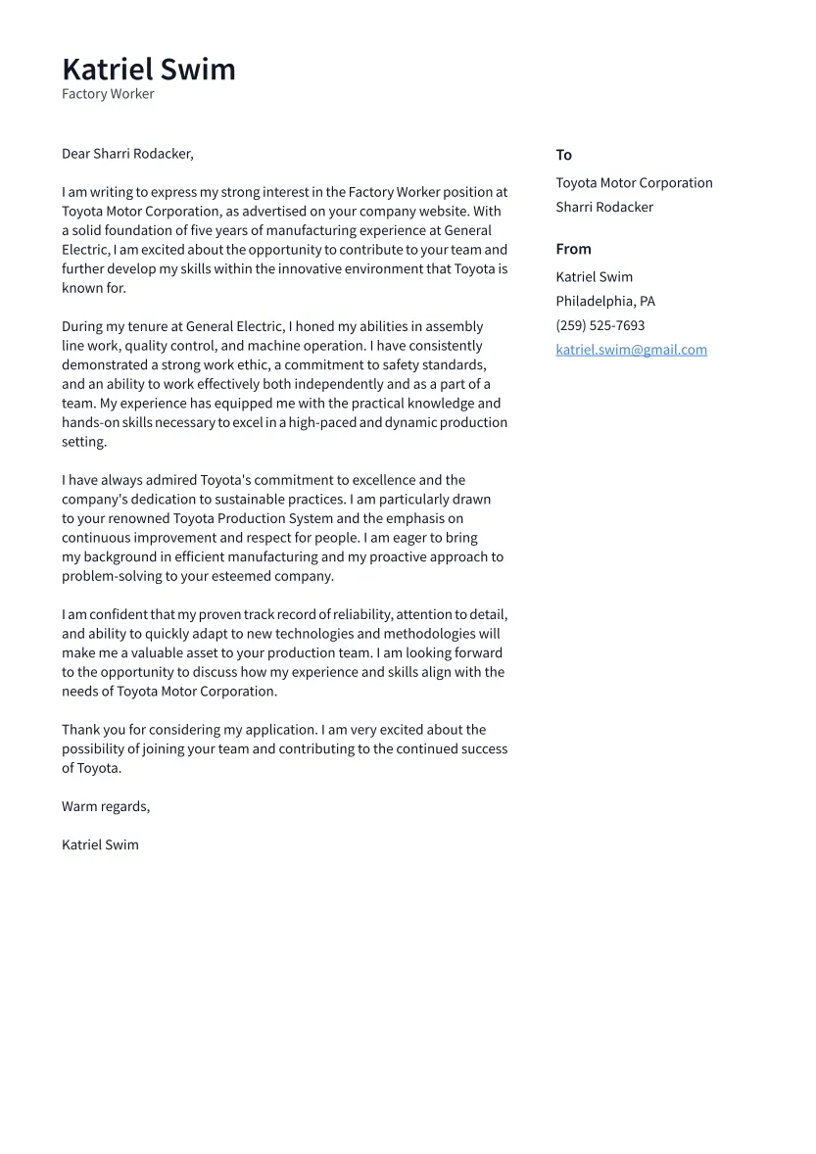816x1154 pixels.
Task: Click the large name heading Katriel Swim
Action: point(149,70)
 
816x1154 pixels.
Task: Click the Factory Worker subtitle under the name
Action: point(108,94)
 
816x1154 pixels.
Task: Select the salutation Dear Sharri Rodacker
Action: point(127,154)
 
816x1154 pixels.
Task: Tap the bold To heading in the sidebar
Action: point(563,155)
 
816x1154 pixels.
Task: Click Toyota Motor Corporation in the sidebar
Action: point(634,183)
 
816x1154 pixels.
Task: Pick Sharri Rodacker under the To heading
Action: point(604,207)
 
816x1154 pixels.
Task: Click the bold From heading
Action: point(573,249)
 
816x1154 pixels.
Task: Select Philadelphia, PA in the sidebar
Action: point(605,301)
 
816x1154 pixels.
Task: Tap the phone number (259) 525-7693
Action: point(600,325)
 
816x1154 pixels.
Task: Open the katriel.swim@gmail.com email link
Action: point(631,350)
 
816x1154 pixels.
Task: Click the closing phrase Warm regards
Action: point(105,806)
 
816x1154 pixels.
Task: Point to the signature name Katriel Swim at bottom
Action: point(100,844)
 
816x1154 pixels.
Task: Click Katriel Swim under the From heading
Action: point(594,277)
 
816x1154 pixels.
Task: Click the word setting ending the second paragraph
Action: point(83,442)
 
